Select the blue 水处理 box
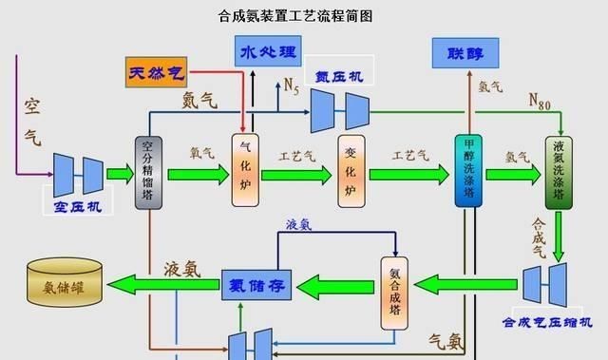pyautogui.click(x=265, y=51)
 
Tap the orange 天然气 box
pyautogui.click(x=156, y=72)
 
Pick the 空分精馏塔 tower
pyautogui.click(x=148, y=172)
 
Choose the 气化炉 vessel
pyautogui.click(x=245, y=171)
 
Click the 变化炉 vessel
pyautogui.click(x=351, y=171)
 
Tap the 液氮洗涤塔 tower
pyautogui.click(x=559, y=172)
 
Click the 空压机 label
pyautogui.click(x=78, y=205)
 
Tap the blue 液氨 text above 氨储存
pyautogui.click(x=299, y=225)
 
